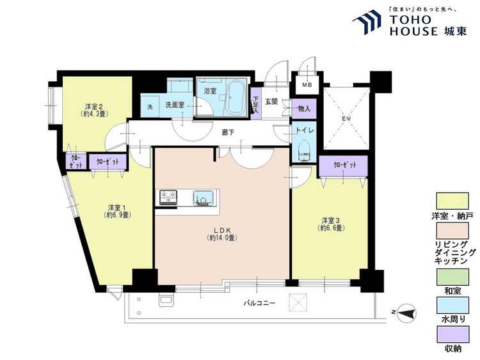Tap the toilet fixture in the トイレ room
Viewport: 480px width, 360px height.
pyautogui.click(x=305, y=150)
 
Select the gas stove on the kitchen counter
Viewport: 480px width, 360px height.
pyautogui.click(x=168, y=198)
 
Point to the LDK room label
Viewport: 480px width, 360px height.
pyautogui.click(x=222, y=233)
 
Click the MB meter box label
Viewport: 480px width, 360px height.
pyautogui.click(x=307, y=85)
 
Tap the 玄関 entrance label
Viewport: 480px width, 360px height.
pyautogui.click(x=271, y=102)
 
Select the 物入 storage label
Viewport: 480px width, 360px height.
pyautogui.click(x=303, y=109)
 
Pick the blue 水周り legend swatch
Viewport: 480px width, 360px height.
pyautogui.click(x=452, y=304)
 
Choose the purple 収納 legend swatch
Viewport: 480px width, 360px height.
pyautogui.click(x=452, y=334)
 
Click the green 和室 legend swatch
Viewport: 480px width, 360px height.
pyautogui.click(x=452, y=277)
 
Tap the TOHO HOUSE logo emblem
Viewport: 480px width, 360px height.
pyautogui.click(x=368, y=22)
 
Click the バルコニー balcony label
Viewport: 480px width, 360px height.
pyautogui.click(x=260, y=304)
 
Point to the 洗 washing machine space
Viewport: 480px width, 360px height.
pyautogui.click(x=150, y=107)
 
